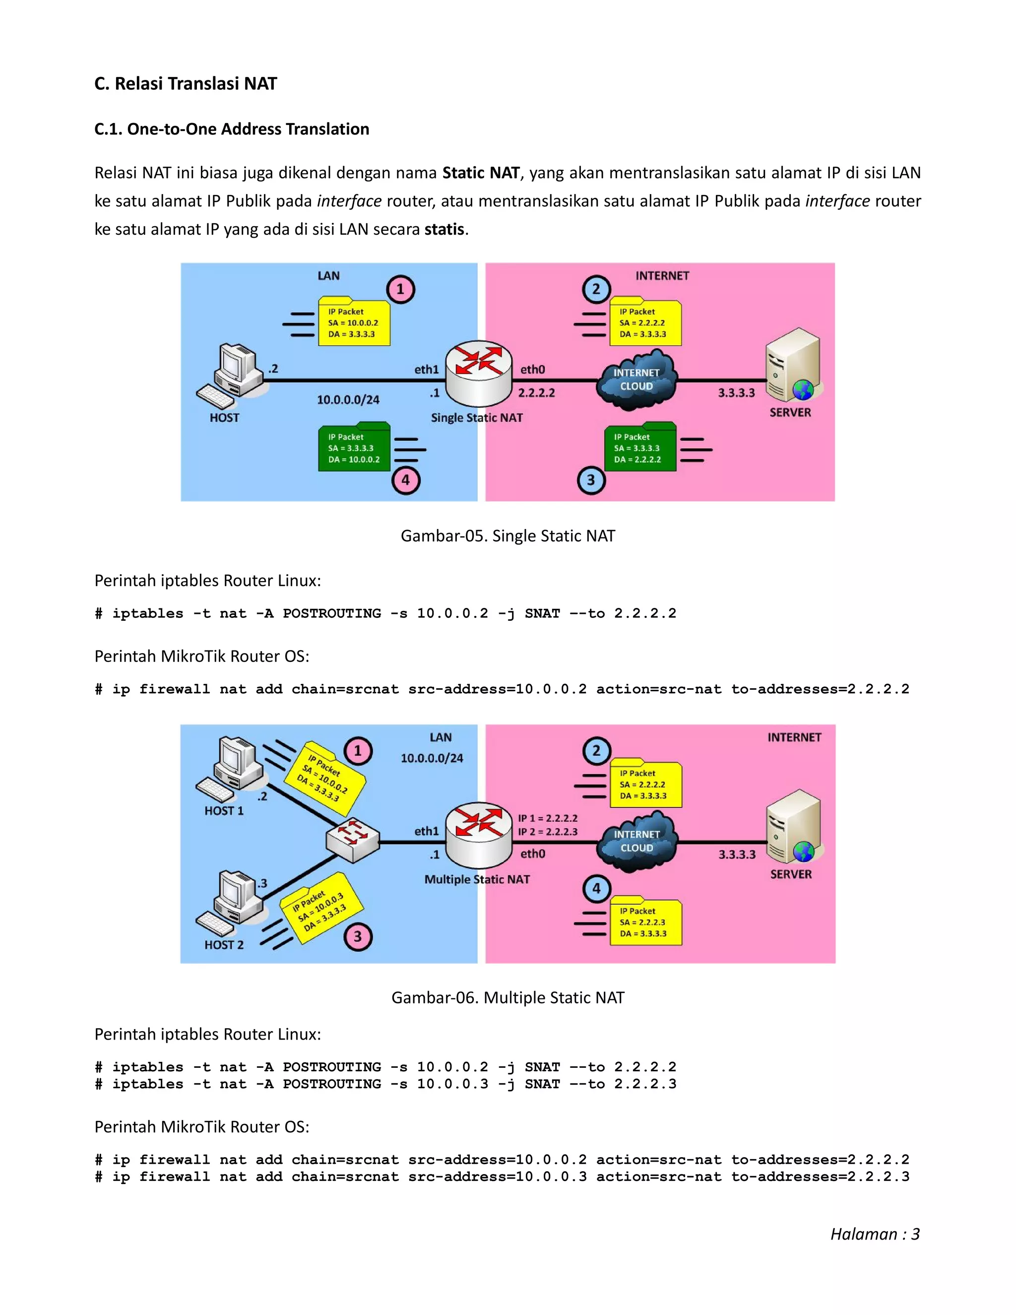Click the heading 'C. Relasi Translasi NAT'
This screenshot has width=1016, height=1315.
tap(186, 84)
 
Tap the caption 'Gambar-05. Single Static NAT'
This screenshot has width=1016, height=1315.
tap(508, 536)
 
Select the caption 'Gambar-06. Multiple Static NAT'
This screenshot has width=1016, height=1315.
tap(508, 998)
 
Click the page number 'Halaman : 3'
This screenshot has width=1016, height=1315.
tap(875, 1234)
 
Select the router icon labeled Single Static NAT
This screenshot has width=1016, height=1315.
tap(479, 375)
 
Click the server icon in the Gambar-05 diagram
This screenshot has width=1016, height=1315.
tap(793, 366)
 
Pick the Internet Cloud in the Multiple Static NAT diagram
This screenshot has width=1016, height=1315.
tap(637, 841)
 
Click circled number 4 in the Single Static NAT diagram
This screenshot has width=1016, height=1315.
tap(406, 480)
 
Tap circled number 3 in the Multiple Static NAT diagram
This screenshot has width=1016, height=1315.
tap(358, 937)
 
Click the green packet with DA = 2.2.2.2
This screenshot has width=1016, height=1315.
tap(640, 448)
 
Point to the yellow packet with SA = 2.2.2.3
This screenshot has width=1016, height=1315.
tap(645, 922)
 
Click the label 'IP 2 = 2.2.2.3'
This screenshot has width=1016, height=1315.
tap(547, 832)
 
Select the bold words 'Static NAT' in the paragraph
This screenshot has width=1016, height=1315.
tap(480, 173)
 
